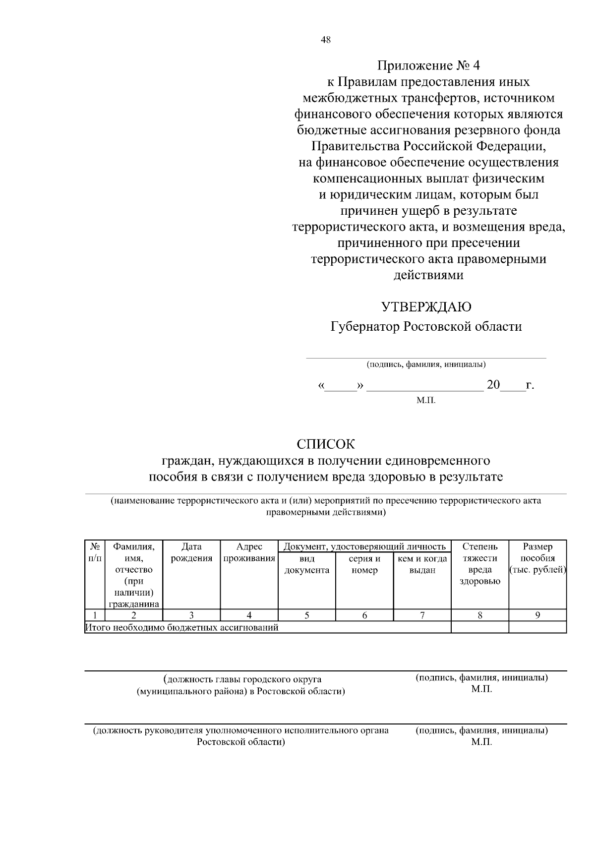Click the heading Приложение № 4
(x=428, y=65)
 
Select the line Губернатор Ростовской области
(x=426, y=327)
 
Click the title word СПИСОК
(x=326, y=444)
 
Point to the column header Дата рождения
(x=191, y=552)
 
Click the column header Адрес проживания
(x=249, y=552)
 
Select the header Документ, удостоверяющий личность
(x=364, y=547)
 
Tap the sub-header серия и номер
(x=364, y=564)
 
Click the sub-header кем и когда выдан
(x=422, y=564)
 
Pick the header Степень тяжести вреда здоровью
(x=479, y=564)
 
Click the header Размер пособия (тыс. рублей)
(x=537, y=558)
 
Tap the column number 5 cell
(x=307, y=615)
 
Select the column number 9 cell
(x=537, y=615)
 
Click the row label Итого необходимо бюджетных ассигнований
(x=182, y=628)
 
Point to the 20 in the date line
(x=493, y=385)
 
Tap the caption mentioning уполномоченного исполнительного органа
(x=241, y=730)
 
